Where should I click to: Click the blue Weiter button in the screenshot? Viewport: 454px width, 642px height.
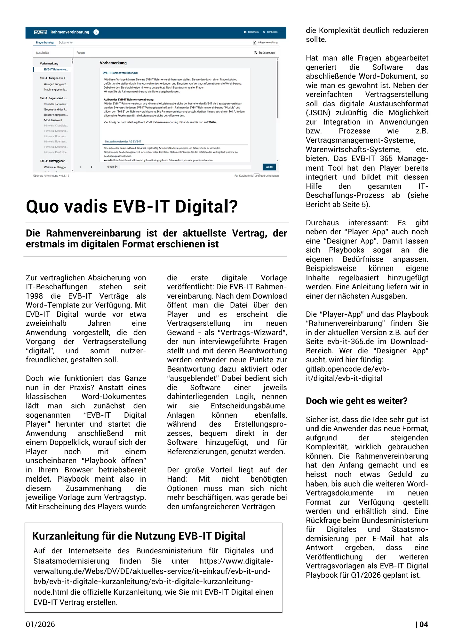pos(269,167)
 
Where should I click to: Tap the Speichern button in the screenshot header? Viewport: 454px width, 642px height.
pos(251,32)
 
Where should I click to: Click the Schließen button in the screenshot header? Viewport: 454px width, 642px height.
pos(270,32)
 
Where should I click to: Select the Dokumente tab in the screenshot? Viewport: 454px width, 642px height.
pos(66,43)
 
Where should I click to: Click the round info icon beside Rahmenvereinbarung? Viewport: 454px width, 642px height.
pos(96,32)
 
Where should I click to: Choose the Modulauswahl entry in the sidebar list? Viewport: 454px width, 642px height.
pos(53,120)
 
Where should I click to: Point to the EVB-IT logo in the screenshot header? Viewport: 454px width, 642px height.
pos(40,32)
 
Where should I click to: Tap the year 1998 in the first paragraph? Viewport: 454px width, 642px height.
pos(34,296)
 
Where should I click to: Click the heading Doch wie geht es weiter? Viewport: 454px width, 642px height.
pos(357,401)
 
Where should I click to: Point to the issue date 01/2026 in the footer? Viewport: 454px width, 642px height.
pos(40,624)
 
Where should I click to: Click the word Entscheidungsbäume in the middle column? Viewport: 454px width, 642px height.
pos(249,406)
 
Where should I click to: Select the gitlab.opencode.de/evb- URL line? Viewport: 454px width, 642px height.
pos(348,369)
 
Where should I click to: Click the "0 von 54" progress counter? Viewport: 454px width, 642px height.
pos(112,167)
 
